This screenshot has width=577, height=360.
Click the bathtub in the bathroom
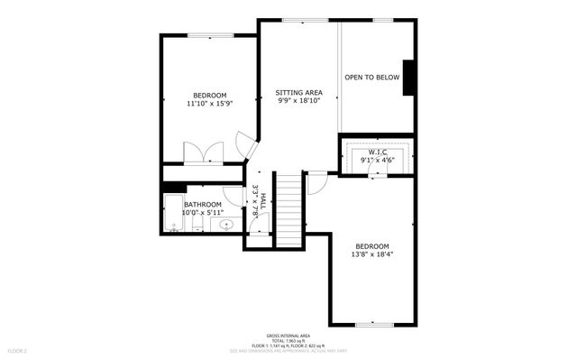click(x=172, y=214)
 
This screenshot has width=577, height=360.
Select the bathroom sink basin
click(x=227, y=224)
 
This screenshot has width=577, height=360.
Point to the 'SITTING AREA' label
click(x=299, y=93)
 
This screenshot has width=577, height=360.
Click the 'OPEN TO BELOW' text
click(x=371, y=78)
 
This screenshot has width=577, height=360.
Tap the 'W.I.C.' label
click(x=378, y=152)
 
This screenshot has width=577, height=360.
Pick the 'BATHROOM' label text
click(x=203, y=205)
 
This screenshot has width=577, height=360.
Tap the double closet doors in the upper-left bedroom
click(x=201, y=152)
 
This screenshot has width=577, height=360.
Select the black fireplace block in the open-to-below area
click(x=408, y=77)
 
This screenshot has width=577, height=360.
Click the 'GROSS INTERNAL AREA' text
click(x=288, y=333)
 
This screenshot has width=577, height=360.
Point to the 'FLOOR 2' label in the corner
click(x=18, y=349)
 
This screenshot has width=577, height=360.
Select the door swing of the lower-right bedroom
click(x=316, y=183)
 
